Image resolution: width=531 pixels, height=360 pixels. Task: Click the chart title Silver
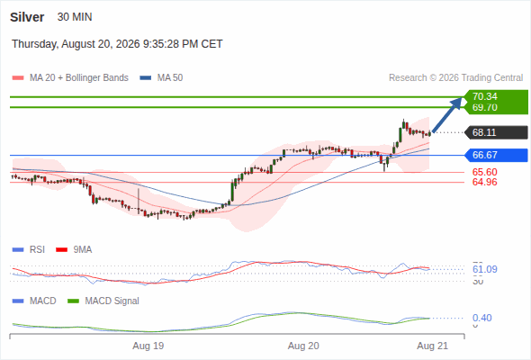pos(27,17)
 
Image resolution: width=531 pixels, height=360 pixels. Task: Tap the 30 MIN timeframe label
pos(75,17)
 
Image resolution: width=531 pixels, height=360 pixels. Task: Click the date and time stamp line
pos(117,44)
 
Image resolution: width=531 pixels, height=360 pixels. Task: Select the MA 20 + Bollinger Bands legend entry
pos(70,78)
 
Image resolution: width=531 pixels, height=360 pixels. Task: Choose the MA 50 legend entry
pos(161,78)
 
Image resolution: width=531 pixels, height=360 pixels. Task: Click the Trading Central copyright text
pos(455,78)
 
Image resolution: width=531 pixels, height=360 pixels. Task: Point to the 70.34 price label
pos(485,96)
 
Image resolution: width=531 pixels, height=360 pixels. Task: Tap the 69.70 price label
pos(485,107)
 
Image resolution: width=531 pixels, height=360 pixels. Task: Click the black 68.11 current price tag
pos(497,132)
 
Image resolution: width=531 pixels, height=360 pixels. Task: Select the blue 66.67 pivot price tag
pos(497,155)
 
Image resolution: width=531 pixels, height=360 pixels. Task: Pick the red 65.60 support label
pos(485,172)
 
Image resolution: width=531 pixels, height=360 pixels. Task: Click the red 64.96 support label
pos(485,182)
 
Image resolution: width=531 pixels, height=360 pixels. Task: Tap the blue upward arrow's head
pos(459,101)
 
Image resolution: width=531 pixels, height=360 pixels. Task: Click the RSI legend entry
pos(29,250)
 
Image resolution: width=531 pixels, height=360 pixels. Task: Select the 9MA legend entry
pos(74,250)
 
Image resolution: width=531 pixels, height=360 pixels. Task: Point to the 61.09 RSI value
pos(485,270)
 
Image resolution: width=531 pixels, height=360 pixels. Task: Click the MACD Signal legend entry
pos(103,301)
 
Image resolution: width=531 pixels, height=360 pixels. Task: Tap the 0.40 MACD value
pos(481,318)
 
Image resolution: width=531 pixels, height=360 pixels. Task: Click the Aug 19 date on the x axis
pos(148,346)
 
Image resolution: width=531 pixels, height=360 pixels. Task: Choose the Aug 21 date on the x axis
pos(433,346)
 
